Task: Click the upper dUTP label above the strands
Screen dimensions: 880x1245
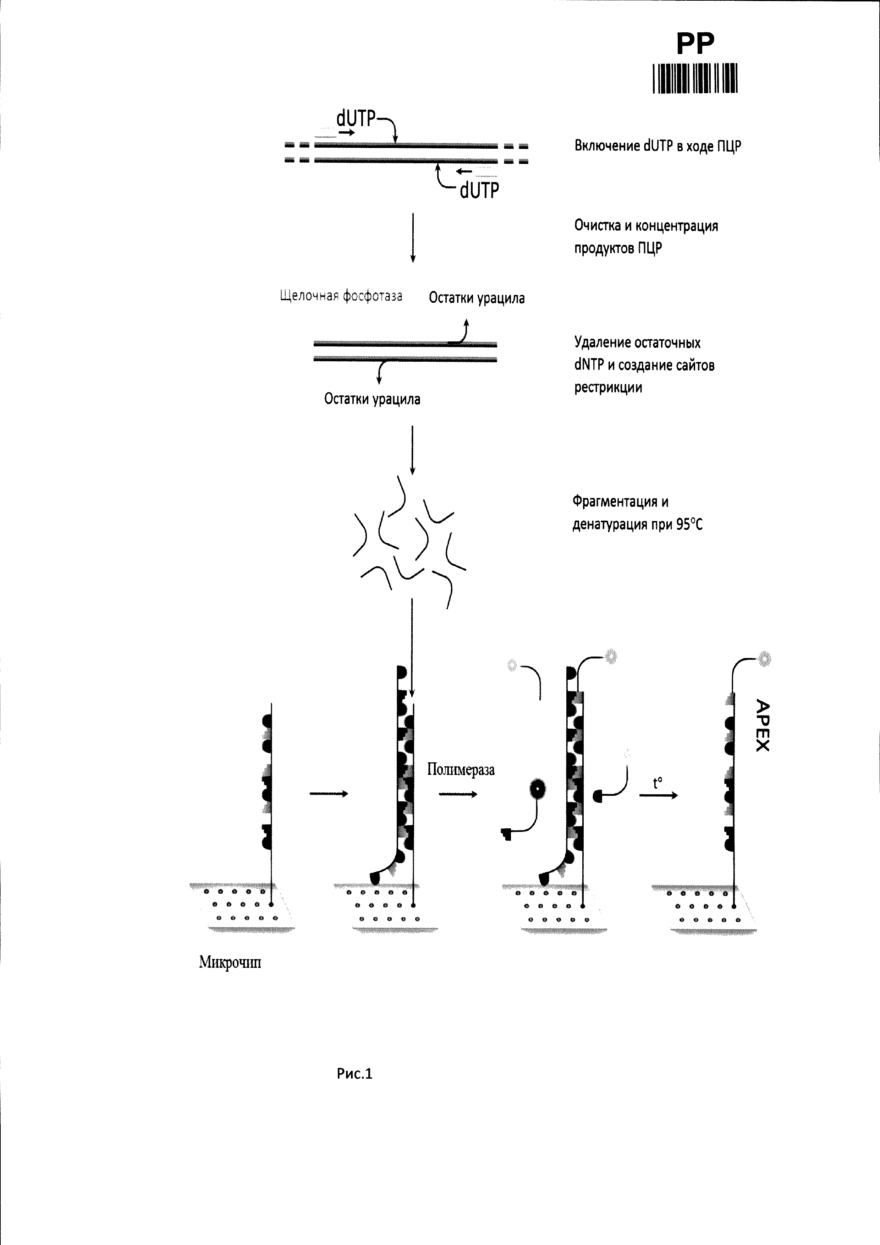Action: pos(356,118)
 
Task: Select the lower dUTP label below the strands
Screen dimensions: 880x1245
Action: pos(479,190)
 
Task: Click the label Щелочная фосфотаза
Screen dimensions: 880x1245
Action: pos(341,296)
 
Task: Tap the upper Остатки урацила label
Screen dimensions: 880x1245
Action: pos(477,298)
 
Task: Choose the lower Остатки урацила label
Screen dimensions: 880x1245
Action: pos(372,399)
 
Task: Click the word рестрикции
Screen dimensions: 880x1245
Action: pos(608,388)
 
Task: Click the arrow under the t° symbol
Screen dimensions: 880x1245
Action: pos(658,795)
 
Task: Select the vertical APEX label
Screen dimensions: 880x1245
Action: pos(762,725)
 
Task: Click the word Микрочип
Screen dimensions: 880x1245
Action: pos(230,962)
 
